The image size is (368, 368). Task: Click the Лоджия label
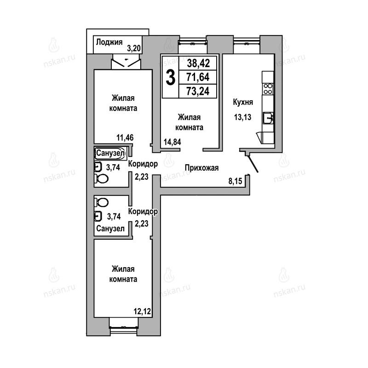pyautogui.click(x=109, y=42)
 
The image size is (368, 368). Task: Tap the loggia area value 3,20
pyautogui.click(x=134, y=48)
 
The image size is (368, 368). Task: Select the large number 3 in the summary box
pyautogui.click(x=170, y=77)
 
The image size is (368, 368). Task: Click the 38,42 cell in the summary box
pyautogui.click(x=198, y=63)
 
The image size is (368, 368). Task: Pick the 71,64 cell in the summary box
pyautogui.click(x=198, y=77)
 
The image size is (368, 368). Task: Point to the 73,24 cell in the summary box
pyautogui.click(x=198, y=91)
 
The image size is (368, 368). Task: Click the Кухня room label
pyautogui.click(x=243, y=102)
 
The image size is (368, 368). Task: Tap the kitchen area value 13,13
pyautogui.click(x=243, y=117)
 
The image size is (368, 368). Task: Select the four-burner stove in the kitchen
pyautogui.click(x=268, y=89)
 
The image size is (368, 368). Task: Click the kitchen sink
pyautogui.click(x=268, y=118)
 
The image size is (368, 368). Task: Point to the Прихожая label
pyautogui.click(x=201, y=168)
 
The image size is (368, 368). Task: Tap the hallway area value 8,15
pyautogui.click(x=235, y=181)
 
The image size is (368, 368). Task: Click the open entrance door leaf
pyautogui.click(x=253, y=164)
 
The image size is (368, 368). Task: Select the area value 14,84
pyautogui.click(x=172, y=142)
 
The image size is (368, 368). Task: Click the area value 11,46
pyautogui.click(x=125, y=138)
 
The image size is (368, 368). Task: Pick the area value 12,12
pyautogui.click(x=142, y=312)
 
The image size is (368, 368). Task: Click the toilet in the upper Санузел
pyautogui.click(x=101, y=179)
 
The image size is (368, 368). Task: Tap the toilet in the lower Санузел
pyautogui.click(x=101, y=202)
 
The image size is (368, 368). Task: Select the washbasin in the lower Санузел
pyautogui.click(x=98, y=216)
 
